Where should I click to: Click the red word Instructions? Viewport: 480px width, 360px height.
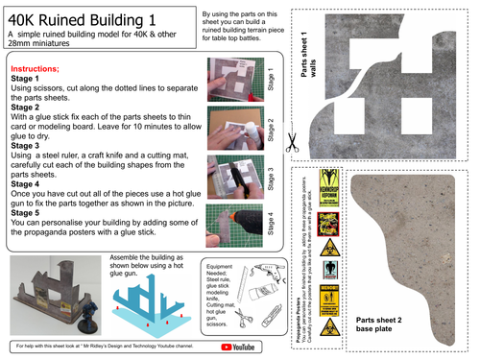tap(36, 70)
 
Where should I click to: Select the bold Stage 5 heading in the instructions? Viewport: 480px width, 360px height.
tap(28, 217)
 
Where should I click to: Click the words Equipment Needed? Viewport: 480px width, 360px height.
tap(222, 270)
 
